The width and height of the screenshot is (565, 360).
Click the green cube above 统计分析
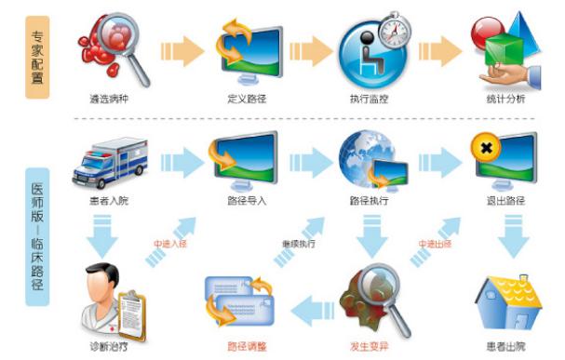click(x=501, y=45)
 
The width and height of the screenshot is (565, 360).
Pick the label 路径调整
click(x=246, y=346)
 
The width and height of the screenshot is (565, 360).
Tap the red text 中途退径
click(x=434, y=244)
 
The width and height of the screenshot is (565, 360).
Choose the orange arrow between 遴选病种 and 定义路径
click(x=179, y=51)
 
